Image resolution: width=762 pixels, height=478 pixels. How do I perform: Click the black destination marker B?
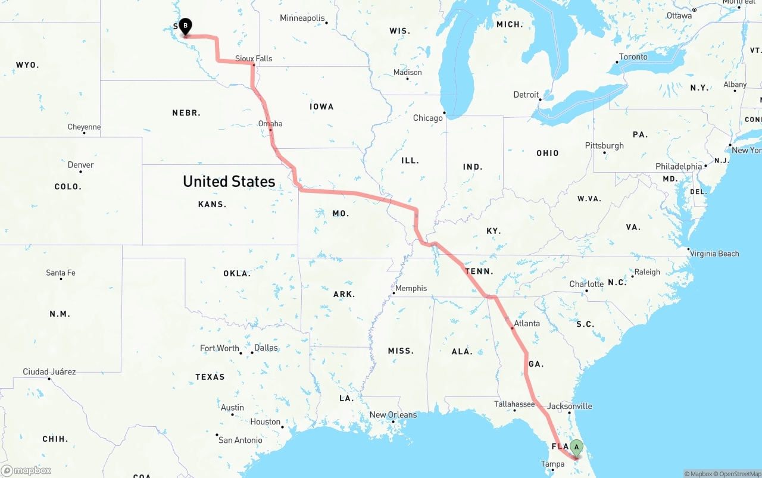[x=185, y=26]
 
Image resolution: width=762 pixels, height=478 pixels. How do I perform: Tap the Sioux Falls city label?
[x=254, y=58]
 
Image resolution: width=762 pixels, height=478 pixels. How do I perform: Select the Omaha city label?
[x=270, y=124]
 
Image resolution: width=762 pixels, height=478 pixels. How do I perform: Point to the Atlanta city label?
[x=527, y=324]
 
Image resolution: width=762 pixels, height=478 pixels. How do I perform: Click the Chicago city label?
[x=428, y=118]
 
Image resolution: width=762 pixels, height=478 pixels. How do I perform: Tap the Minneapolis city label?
[x=302, y=18]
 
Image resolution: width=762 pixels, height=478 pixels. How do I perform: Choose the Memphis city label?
[x=411, y=288]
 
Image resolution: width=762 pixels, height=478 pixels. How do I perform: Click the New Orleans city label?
[x=393, y=415]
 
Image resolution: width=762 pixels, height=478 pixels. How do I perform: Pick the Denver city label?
[x=81, y=165]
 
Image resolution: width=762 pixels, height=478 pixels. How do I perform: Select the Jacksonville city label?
[x=570, y=406]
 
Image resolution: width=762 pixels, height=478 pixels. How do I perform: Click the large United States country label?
[x=229, y=182]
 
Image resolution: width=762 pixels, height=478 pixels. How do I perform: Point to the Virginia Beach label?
[x=714, y=254]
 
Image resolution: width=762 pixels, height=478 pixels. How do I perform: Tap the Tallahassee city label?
[x=514, y=404]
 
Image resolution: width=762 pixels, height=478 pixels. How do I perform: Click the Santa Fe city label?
[x=61, y=273]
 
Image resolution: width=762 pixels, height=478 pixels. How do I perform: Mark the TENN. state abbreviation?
[x=479, y=271]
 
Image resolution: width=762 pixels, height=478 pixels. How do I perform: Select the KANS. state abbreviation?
[x=212, y=204]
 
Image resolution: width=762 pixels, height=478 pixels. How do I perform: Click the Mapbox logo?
[x=26, y=470]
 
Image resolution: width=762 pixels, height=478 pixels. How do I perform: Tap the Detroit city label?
[x=526, y=95]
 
